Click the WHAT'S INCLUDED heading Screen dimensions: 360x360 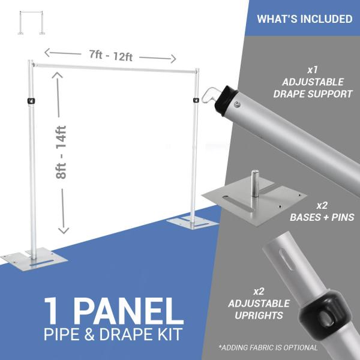[x=304, y=19]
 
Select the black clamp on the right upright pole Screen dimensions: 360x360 [x=195, y=99]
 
